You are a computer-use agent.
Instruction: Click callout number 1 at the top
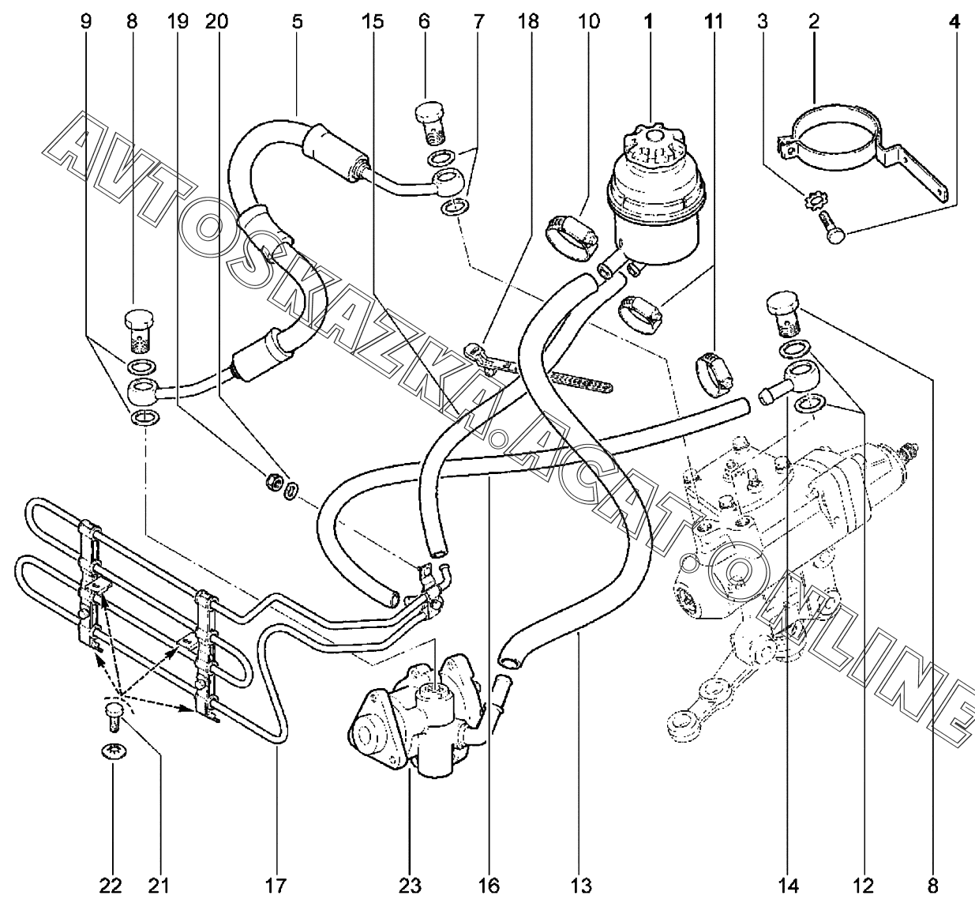[648, 21]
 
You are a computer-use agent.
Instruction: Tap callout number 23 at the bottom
[410, 886]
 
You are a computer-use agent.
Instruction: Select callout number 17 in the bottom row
[276, 886]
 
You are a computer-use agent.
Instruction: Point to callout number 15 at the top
[372, 21]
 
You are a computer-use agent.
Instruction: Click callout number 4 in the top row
[954, 21]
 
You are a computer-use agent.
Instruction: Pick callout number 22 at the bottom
[111, 886]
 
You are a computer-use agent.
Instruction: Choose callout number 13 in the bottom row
[581, 886]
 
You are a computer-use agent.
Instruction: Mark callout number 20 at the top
[216, 21]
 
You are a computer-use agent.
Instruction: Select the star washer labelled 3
[816, 201]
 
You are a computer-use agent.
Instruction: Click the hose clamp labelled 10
[572, 239]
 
